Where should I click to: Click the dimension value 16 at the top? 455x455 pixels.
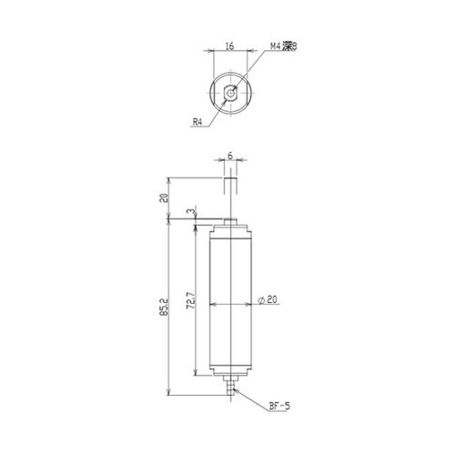pyautogui.click(x=230, y=46)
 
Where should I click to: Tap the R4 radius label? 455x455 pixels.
pyautogui.click(x=197, y=122)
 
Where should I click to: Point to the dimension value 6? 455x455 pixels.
pyautogui.click(x=230, y=156)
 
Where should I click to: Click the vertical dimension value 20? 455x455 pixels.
pyautogui.click(x=164, y=197)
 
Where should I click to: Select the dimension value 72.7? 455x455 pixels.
pyautogui.click(x=190, y=300)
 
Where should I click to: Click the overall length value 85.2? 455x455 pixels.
pyautogui.click(x=164, y=308)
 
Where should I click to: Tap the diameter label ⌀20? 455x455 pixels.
pyautogui.click(x=268, y=299)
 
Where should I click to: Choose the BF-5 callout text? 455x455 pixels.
pyautogui.click(x=279, y=406)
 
